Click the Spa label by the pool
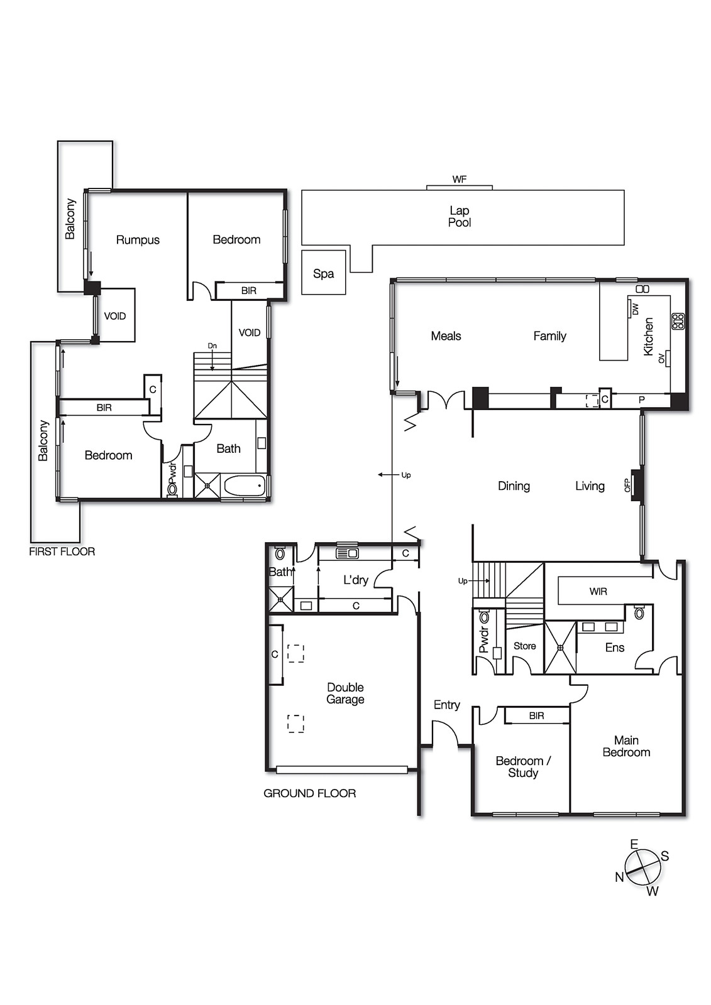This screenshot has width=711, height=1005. (323, 274)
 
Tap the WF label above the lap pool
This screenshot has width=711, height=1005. (460, 180)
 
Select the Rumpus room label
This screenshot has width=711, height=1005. (138, 240)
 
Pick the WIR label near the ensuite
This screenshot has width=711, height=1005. (598, 591)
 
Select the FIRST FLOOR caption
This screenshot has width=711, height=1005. (62, 551)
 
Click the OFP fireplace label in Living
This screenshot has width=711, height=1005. (627, 484)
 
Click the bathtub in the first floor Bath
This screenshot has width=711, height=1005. (245, 486)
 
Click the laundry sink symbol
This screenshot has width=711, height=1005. (347, 553)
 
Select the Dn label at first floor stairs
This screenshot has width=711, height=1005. (212, 345)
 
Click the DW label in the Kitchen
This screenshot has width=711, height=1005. (635, 308)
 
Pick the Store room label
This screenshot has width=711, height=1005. (524, 646)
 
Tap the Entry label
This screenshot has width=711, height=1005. (447, 705)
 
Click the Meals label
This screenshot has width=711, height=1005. (446, 335)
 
